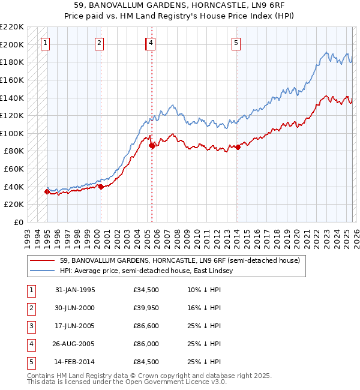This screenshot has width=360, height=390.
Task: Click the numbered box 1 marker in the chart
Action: click(x=46, y=43)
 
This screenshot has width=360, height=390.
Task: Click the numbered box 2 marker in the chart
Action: click(x=99, y=43)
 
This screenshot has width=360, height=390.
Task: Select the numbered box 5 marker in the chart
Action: click(x=236, y=43)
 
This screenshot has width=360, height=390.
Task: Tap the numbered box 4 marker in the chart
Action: click(x=151, y=43)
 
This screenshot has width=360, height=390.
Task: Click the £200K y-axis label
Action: click(x=13, y=44)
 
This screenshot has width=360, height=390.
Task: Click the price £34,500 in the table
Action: click(x=146, y=290)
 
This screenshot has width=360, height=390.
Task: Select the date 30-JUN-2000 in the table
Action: click(x=74, y=308)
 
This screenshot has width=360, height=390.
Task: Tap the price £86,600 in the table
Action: click(x=146, y=326)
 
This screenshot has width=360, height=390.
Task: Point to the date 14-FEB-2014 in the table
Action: click(x=74, y=362)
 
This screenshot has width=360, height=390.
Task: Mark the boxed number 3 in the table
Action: click(x=31, y=326)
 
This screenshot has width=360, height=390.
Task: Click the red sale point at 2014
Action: click(x=238, y=146)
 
